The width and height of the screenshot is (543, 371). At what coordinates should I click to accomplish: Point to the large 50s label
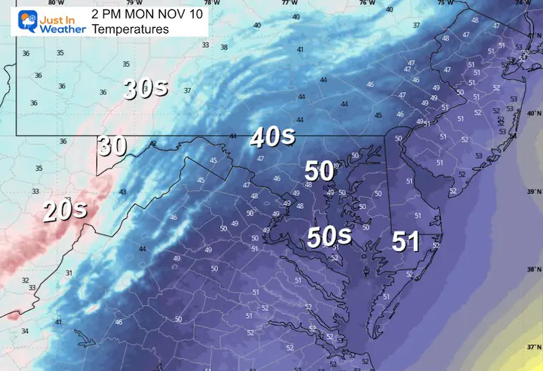[x=329, y=238]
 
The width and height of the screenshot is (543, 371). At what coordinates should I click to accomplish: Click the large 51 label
[x=405, y=242]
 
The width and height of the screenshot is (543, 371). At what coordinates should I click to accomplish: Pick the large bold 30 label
[x=112, y=146]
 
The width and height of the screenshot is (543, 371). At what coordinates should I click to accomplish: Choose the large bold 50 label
[x=319, y=171]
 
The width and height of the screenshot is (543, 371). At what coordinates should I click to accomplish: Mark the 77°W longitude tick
[x=289, y=3]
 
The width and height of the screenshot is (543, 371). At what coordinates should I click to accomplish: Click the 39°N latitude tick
[x=532, y=192]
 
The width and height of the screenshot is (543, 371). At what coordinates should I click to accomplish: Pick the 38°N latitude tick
[x=532, y=269]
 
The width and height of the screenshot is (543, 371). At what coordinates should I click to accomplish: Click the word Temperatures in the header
[x=130, y=29]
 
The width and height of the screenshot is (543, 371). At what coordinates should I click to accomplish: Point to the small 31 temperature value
[x=69, y=273]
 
